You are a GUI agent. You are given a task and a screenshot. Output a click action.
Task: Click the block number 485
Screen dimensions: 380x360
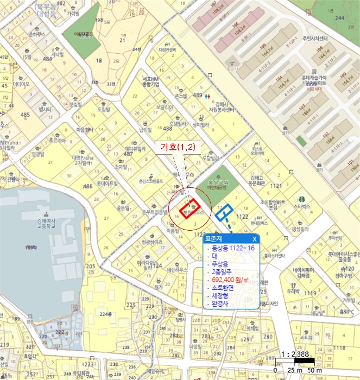[x=25, y=115]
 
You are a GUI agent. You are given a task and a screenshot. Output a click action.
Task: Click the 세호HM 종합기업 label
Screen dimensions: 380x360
[x=150, y=81]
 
